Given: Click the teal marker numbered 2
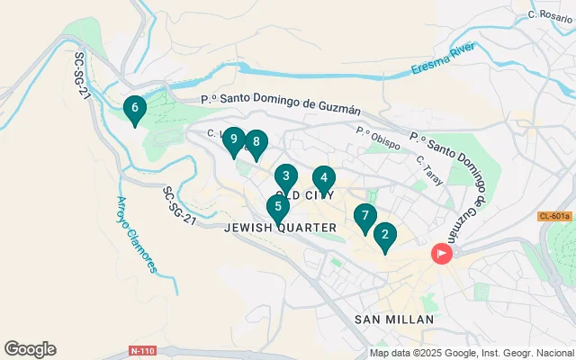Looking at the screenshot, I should click(x=385, y=237).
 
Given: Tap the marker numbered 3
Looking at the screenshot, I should click(x=285, y=176).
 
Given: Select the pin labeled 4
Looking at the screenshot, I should click(x=324, y=178).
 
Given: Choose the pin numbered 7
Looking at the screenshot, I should click(x=364, y=216).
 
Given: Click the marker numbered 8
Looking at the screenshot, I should click(x=256, y=142).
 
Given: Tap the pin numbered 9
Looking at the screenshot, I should click(x=234, y=139).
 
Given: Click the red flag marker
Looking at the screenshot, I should click(x=441, y=254).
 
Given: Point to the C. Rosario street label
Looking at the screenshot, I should click(x=545, y=14).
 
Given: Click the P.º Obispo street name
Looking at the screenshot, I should click(x=377, y=132).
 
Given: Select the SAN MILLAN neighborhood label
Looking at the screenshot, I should click(x=394, y=319).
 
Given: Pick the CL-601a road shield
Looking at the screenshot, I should click(x=554, y=216).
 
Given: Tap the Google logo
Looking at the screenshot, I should click(x=30, y=349).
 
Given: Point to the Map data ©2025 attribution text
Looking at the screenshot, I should click(x=472, y=353).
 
